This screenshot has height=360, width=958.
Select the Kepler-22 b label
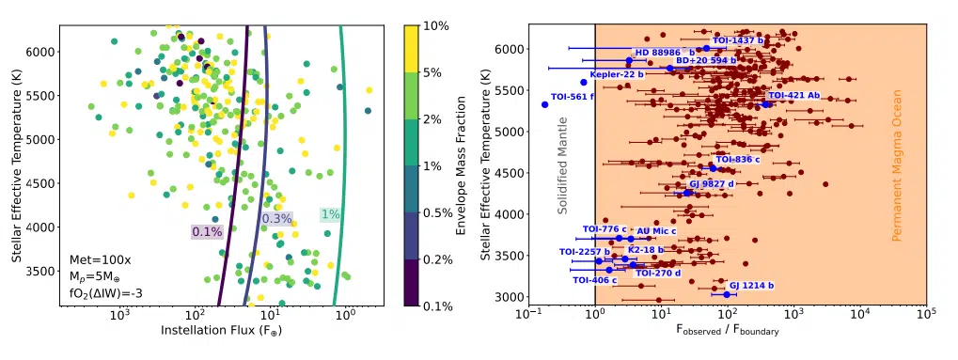(x=617, y=74)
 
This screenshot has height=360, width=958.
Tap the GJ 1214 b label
(x=751, y=285)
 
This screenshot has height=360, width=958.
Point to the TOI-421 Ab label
(x=794, y=96)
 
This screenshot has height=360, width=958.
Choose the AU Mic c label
(x=657, y=230)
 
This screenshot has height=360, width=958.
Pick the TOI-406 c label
(x=594, y=280)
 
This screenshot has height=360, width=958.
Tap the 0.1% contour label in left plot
(x=207, y=231)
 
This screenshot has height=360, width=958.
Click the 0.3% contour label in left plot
(x=276, y=219)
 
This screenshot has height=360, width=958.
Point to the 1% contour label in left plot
(x=331, y=214)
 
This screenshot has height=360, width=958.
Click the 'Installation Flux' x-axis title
(x=221, y=332)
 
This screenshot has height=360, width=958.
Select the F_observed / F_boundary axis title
(x=727, y=332)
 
